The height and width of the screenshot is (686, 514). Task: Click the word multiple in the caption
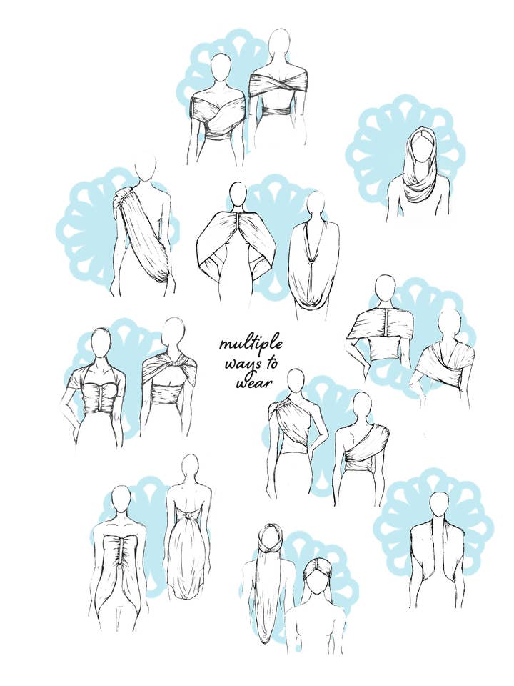pyautogui.click(x=251, y=344)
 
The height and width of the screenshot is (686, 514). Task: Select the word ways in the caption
pyautogui.click(x=252, y=364)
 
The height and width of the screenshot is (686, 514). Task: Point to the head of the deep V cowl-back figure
pyautogui.click(x=316, y=205)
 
